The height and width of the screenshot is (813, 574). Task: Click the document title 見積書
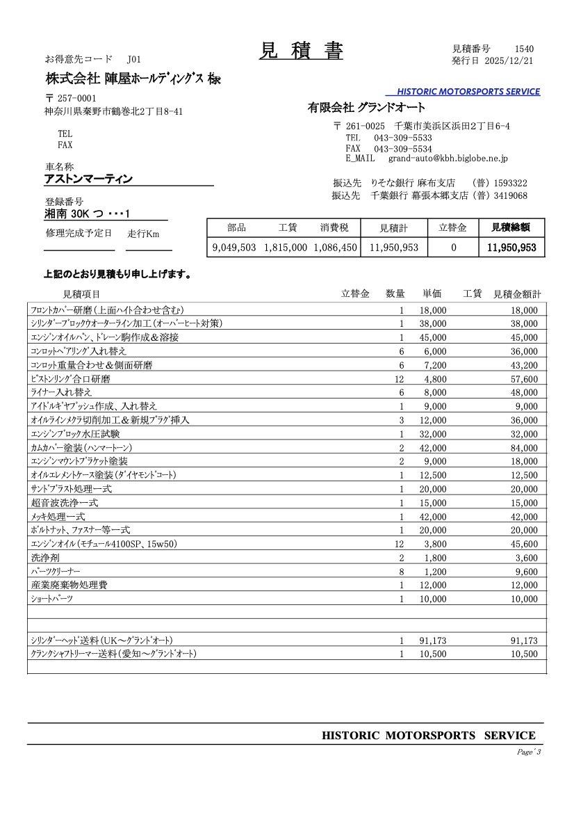tap(301, 51)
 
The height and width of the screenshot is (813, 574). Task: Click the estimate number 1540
tap(524, 49)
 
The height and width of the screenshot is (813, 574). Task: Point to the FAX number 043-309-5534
tap(403, 149)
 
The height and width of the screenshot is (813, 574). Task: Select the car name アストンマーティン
tap(88, 179)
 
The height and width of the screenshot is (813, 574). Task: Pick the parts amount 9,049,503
tap(234, 247)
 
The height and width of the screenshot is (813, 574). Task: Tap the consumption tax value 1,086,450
tap(335, 247)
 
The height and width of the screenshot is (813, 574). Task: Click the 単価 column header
tap(432, 294)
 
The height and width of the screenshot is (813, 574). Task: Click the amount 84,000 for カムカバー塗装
tap(523, 448)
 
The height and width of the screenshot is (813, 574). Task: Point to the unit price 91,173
tap(433, 641)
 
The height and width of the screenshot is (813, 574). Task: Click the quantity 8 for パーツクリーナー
tap(401, 572)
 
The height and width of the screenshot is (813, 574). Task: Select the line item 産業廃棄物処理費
tap(69, 586)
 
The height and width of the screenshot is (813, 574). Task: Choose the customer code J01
tap(134, 61)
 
